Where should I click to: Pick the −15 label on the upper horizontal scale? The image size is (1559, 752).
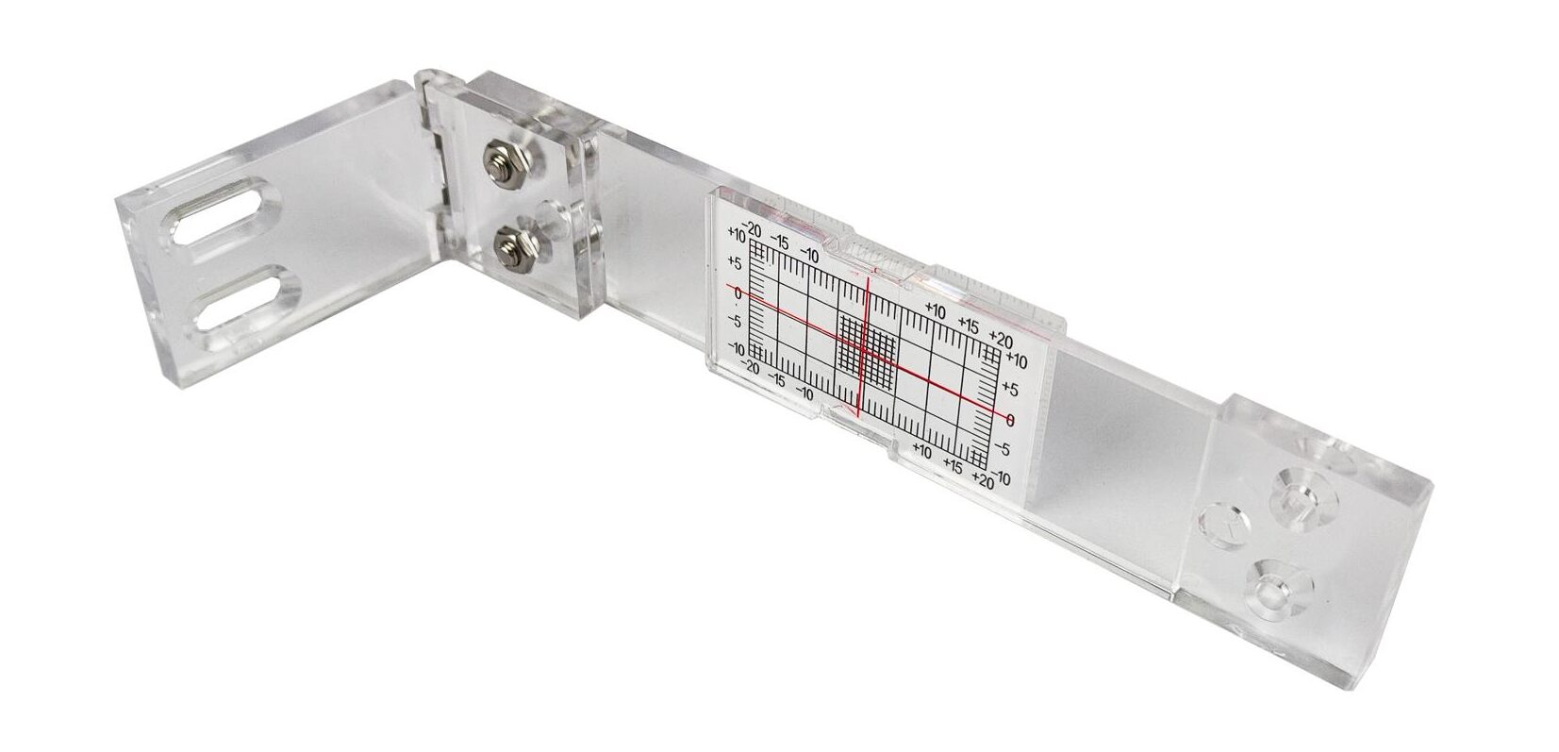coord(779,243)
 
